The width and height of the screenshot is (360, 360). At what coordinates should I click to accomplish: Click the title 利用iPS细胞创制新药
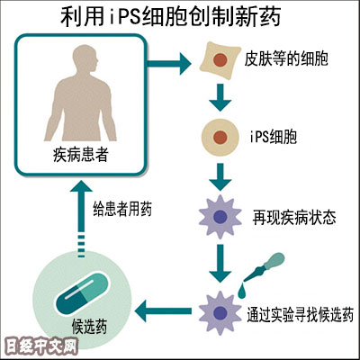171,17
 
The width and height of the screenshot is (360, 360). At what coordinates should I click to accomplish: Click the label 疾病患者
80,156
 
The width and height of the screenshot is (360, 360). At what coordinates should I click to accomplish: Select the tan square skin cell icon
220,61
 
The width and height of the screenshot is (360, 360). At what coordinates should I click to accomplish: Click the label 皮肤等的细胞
286,58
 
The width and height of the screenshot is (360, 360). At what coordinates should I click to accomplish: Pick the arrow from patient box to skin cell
169,64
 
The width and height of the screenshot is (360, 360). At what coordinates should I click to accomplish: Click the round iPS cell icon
220,138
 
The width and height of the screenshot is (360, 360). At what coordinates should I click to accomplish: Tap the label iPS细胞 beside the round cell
273,138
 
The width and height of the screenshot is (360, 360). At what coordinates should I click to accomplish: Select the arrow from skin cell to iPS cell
220,97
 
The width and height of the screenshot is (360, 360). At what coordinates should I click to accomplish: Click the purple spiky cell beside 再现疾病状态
220,217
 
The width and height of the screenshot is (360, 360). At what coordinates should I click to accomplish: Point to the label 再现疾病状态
294,218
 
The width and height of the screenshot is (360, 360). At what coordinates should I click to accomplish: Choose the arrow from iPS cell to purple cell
220,177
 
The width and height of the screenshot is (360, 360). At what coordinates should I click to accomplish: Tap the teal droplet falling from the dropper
242,291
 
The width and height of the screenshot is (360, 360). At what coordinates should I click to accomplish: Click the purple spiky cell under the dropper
220,312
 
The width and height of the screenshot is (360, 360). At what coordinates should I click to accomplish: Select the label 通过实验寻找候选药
300,314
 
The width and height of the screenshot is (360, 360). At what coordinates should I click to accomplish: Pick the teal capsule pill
82,294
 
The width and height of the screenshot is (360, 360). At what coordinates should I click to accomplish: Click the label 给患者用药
122,209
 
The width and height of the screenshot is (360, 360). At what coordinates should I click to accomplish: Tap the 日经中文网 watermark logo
41,347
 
